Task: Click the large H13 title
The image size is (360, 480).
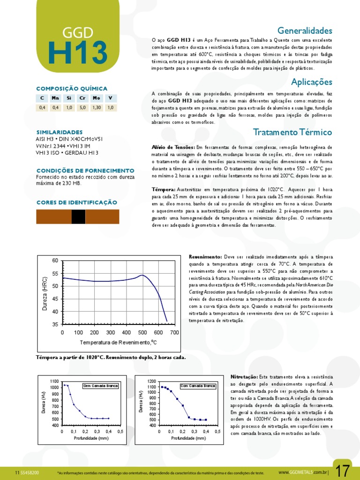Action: click(x=78, y=53)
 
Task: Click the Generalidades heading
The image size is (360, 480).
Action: click(x=305, y=31)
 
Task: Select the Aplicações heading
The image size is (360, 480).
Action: click(x=311, y=82)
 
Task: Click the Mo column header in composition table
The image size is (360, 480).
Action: click(x=97, y=98)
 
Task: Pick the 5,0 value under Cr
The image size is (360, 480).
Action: click(x=83, y=107)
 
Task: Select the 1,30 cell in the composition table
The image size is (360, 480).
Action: click(x=97, y=107)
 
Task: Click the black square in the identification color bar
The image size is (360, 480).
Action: click(x=78, y=216)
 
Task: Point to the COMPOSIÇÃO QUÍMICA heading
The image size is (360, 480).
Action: click(x=72, y=88)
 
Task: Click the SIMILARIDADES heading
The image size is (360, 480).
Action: click(x=59, y=132)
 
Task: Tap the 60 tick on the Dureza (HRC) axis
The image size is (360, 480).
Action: click(x=55, y=260)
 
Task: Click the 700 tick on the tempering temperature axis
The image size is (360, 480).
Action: click(x=174, y=332)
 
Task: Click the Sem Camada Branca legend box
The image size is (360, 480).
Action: click(x=100, y=386)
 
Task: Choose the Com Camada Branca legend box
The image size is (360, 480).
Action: click(x=197, y=386)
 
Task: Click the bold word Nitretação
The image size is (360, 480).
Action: click(x=244, y=377)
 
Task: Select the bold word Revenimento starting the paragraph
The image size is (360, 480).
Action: click(x=205, y=257)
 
